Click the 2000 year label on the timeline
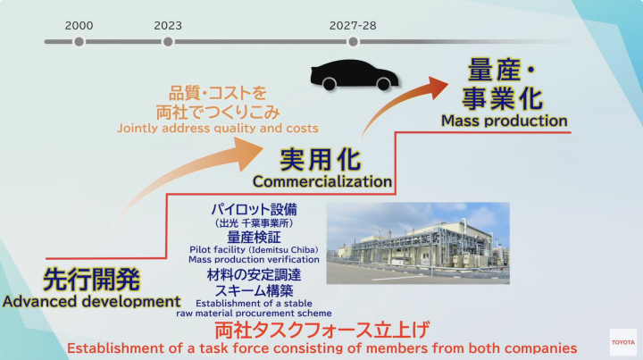(79, 25)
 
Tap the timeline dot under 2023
(168, 41)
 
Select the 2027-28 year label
(353, 25)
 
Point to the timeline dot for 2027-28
(353, 41)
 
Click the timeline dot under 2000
(79, 41)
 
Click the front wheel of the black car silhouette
(383, 84)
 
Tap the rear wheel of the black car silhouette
(330, 84)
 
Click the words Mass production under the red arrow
(505, 121)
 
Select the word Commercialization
(322, 181)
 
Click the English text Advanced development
(91, 301)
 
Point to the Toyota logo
(623, 342)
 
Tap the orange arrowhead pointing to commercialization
(249, 153)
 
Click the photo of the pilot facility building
(418, 243)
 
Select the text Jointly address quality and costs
(218, 129)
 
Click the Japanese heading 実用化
(321, 160)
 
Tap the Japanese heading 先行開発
(91, 280)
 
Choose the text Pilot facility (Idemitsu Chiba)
(254, 250)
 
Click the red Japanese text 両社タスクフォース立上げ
(322, 331)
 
